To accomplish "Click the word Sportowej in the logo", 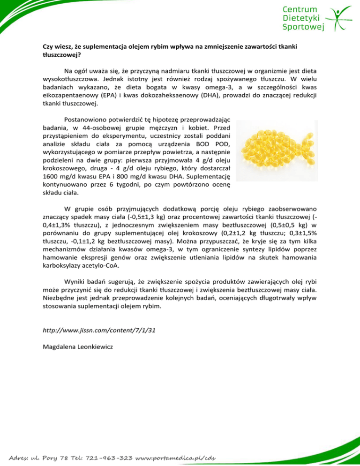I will click(304, 27).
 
